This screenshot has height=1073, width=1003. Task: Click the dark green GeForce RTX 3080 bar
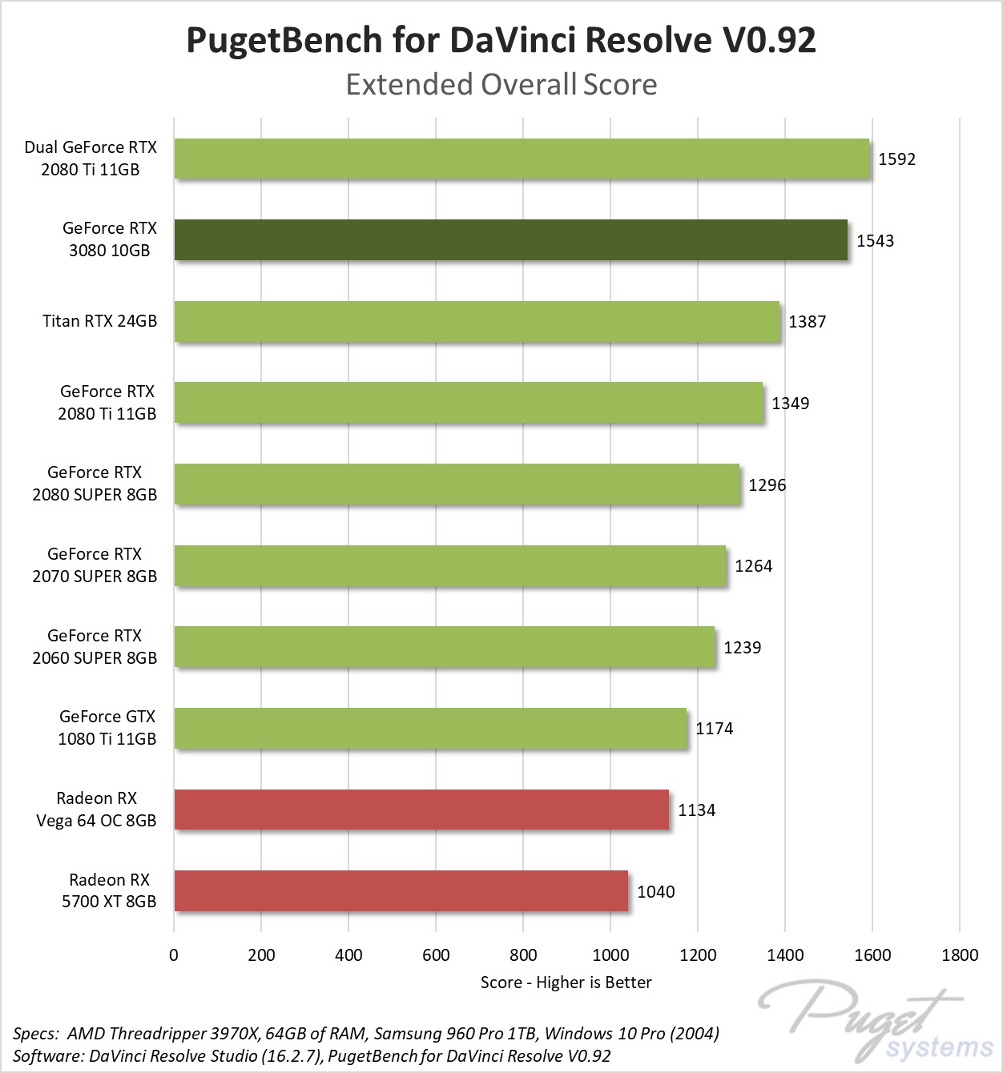coord(511,239)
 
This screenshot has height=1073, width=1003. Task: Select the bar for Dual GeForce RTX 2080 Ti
coord(522,159)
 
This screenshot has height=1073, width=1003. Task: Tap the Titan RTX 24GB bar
coord(477,321)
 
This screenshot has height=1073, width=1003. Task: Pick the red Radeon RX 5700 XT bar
coord(401,890)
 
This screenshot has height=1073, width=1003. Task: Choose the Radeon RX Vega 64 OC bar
coord(421,810)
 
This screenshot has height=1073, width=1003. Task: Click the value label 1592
coord(896,159)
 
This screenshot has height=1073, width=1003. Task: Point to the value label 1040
coord(655,891)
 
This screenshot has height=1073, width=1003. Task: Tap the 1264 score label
coord(753,565)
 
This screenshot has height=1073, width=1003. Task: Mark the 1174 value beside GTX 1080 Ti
coord(714,729)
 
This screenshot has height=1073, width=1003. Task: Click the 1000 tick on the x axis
coord(610,954)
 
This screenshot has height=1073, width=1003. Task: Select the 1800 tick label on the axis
coord(960,954)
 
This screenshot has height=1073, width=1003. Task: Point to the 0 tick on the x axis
coord(174,954)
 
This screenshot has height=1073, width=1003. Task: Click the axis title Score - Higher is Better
coord(566,983)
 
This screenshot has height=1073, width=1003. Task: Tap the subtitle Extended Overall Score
coord(501,84)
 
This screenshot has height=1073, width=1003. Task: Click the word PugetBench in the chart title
coord(284,40)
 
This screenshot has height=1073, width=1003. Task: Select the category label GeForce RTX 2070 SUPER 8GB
coord(95,565)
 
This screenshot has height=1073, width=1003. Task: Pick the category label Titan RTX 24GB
coord(99,321)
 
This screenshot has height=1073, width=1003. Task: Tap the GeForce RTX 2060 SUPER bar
coord(445,647)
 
